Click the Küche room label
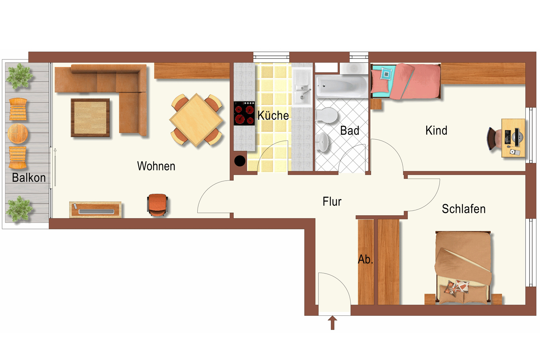point(273,115)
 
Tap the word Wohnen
point(156,166)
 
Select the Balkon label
point(29,178)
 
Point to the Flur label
point(332,202)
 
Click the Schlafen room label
point(464,209)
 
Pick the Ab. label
point(365,260)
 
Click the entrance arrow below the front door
point(332,323)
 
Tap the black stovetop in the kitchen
point(244,113)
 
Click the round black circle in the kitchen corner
point(240,161)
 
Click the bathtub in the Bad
point(342,86)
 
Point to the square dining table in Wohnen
point(197,120)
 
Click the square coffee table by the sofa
point(90,118)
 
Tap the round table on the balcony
point(18,133)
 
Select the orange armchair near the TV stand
point(157,205)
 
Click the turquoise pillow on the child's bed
point(386,74)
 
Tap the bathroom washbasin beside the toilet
point(322,142)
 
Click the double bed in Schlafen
point(463,267)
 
